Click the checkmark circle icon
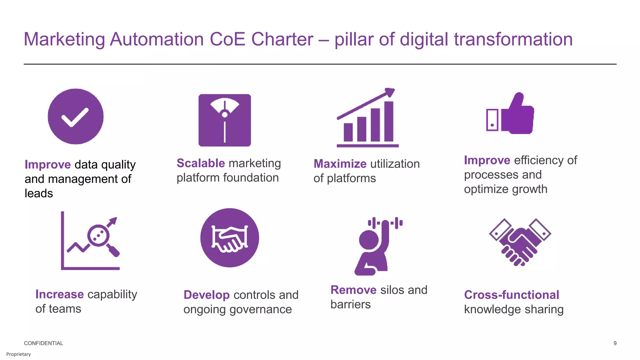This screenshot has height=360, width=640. point(76,116)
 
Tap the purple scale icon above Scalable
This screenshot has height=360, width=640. point(225,120)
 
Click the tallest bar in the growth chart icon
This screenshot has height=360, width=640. point(388,121)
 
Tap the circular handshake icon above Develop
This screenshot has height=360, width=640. point(230,238)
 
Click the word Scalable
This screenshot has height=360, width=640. point(201,163)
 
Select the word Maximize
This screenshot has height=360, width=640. point(340,164)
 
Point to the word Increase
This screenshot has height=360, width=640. point(59,294)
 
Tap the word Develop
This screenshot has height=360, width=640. point(207,295)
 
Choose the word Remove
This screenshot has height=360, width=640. point(353,290)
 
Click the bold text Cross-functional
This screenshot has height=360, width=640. point(512,295)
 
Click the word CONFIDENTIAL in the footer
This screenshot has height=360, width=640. point(43,343)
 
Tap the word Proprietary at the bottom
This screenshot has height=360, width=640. point(18,354)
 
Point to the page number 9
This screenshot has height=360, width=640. point(615,343)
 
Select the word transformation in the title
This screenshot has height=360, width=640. point(513,39)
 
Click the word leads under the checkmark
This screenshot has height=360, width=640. point(39,193)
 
